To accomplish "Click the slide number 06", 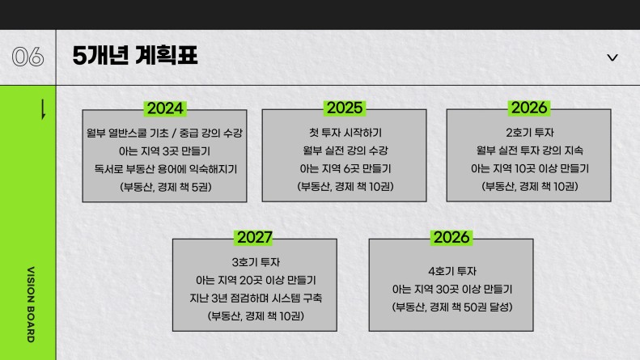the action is pos(28,57).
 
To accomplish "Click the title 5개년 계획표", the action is pos(135,56).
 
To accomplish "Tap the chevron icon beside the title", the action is pos(612,57).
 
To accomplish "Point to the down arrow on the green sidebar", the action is pos(43,110).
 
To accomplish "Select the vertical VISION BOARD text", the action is pos(31,304).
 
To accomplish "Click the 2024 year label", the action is pos(165,108).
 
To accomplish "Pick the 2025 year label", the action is pos(345,108).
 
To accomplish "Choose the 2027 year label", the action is pos(255,238).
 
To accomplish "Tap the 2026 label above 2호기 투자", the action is pos(529,108).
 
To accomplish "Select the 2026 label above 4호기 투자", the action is pos(451,238).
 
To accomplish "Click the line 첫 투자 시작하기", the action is pos(345,133).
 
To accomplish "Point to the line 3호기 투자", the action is pos(256,262).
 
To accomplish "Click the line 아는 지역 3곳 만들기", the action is pos(164,151).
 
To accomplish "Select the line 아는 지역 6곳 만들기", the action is pos(345,168).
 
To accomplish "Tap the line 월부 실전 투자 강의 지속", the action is pos(530,150).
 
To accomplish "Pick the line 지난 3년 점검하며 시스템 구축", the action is pos(256,298).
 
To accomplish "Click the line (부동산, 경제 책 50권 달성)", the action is pos(452,307).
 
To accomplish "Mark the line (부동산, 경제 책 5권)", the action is pos(165,187).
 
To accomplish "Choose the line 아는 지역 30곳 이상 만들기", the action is pos(452,289).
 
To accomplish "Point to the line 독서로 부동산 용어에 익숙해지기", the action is pos(165,169).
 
